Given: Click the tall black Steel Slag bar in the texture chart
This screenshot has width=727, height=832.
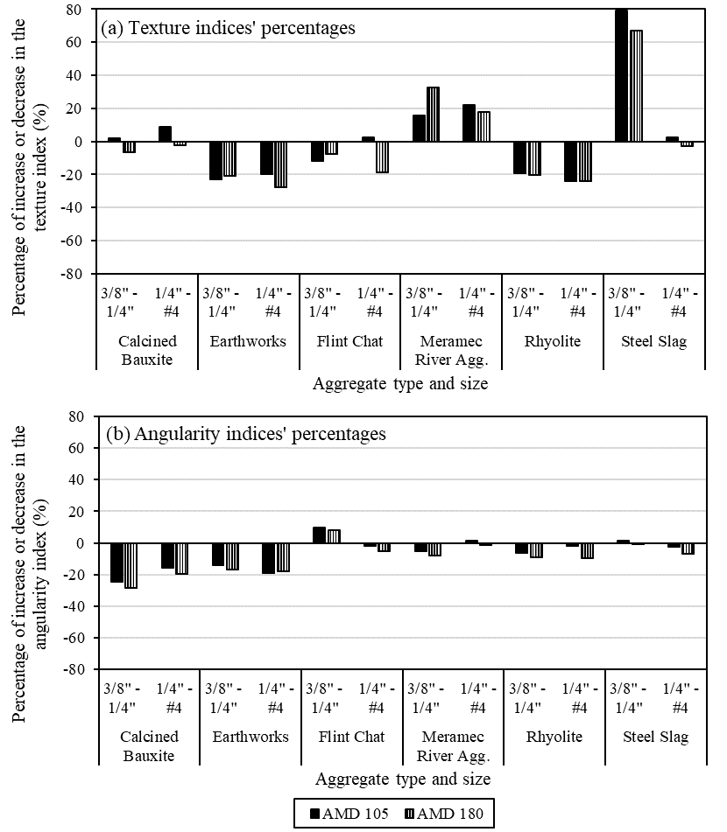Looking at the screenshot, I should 620,75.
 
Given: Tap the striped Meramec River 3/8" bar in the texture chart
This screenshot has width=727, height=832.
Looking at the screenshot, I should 433,114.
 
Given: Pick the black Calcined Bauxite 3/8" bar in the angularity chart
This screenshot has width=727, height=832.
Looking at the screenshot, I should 116,563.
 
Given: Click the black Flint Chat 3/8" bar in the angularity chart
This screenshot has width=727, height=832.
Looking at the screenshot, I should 319,535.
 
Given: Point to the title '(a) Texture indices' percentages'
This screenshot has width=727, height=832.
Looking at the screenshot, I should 229,29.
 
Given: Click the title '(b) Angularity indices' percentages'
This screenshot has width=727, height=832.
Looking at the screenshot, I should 246,433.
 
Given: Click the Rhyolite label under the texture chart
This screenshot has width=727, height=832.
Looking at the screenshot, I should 552,341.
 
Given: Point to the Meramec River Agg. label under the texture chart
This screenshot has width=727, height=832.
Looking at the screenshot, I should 451,350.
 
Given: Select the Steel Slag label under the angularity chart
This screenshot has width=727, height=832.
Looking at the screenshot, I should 655,737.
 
